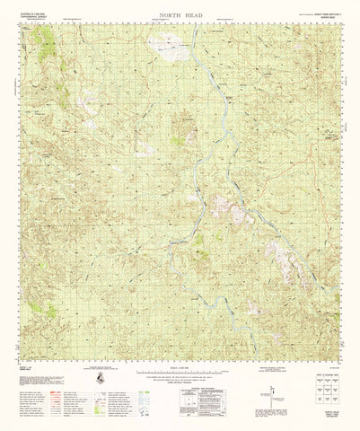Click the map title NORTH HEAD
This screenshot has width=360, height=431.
(180, 15)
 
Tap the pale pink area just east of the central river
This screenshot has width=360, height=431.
(239, 213)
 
